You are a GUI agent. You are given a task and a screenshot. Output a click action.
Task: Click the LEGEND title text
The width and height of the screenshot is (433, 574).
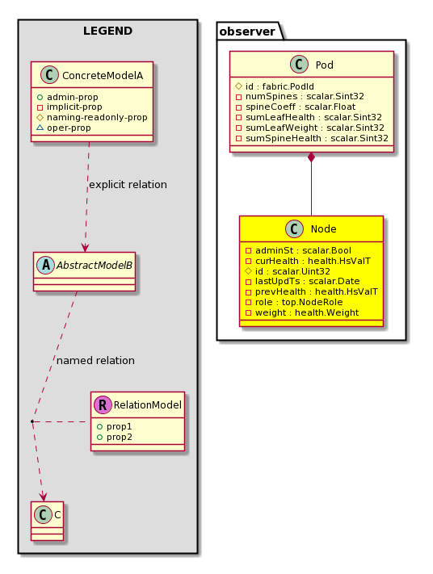(107, 31)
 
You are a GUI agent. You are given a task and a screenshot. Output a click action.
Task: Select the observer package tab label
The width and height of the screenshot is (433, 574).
(247, 31)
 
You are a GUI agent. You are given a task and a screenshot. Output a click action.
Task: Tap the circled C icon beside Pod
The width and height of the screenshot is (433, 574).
(299, 65)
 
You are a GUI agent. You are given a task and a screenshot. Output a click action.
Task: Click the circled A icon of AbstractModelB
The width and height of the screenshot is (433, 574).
(46, 265)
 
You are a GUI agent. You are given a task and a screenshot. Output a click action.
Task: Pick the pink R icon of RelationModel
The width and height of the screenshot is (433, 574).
(103, 405)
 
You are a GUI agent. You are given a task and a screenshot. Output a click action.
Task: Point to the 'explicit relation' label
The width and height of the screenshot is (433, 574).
(128, 185)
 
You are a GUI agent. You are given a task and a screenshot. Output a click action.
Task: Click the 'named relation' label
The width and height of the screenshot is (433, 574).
(95, 361)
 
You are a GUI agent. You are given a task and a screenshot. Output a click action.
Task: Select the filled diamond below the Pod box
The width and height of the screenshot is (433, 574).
(311, 157)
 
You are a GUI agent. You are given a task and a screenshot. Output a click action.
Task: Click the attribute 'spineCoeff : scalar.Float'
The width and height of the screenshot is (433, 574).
(301, 107)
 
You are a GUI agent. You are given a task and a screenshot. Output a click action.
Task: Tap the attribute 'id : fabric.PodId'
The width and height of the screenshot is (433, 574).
(280, 86)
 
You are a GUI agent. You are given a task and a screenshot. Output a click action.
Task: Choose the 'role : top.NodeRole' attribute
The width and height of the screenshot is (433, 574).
(299, 303)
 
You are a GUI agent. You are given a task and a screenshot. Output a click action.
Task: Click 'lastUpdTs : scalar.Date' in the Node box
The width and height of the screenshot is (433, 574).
(307, 281)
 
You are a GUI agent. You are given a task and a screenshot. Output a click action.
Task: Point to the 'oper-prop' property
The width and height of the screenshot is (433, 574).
(69, 128)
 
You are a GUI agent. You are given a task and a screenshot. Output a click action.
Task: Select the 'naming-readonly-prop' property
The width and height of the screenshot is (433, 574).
(97, 118)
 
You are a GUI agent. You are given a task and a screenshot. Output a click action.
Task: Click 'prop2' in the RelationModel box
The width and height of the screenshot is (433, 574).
(119, 437)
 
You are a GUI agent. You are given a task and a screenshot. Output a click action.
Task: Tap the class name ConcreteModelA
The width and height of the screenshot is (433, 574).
(103, 76)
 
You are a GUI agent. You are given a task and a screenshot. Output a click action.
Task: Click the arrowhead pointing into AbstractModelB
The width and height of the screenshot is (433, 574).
(85, 248)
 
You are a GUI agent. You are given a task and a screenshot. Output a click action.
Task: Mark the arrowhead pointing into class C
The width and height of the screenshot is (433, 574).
(44, 497)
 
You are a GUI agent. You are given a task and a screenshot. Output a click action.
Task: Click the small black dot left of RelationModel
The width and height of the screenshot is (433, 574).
(32, 421)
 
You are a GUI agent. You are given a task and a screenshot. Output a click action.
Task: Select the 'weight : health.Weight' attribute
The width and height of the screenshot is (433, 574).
(307, 313)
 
